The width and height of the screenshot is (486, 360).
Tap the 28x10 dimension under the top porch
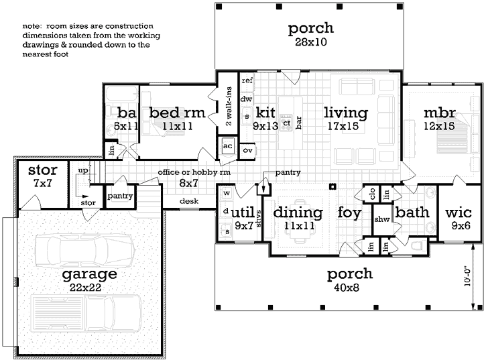tap(310, 42)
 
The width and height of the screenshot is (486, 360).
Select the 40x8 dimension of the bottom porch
tap(349, 288)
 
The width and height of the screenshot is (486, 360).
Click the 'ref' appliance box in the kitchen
tap(247, 80)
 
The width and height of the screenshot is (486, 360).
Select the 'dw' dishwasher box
tap(246, 99)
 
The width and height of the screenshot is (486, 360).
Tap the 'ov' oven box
tap(247, 149)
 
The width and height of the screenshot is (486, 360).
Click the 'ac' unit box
tap(227, 146)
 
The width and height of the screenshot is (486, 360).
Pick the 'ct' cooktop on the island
tap(286, 123)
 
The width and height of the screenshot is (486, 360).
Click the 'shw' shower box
tap(382, 219)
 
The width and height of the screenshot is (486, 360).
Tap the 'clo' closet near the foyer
tap(371, 194)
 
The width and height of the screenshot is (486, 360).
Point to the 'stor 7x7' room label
tap(42, 176)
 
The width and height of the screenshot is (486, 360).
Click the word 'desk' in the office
tap(188, 200)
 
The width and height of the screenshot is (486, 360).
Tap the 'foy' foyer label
tap(349, 213)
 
